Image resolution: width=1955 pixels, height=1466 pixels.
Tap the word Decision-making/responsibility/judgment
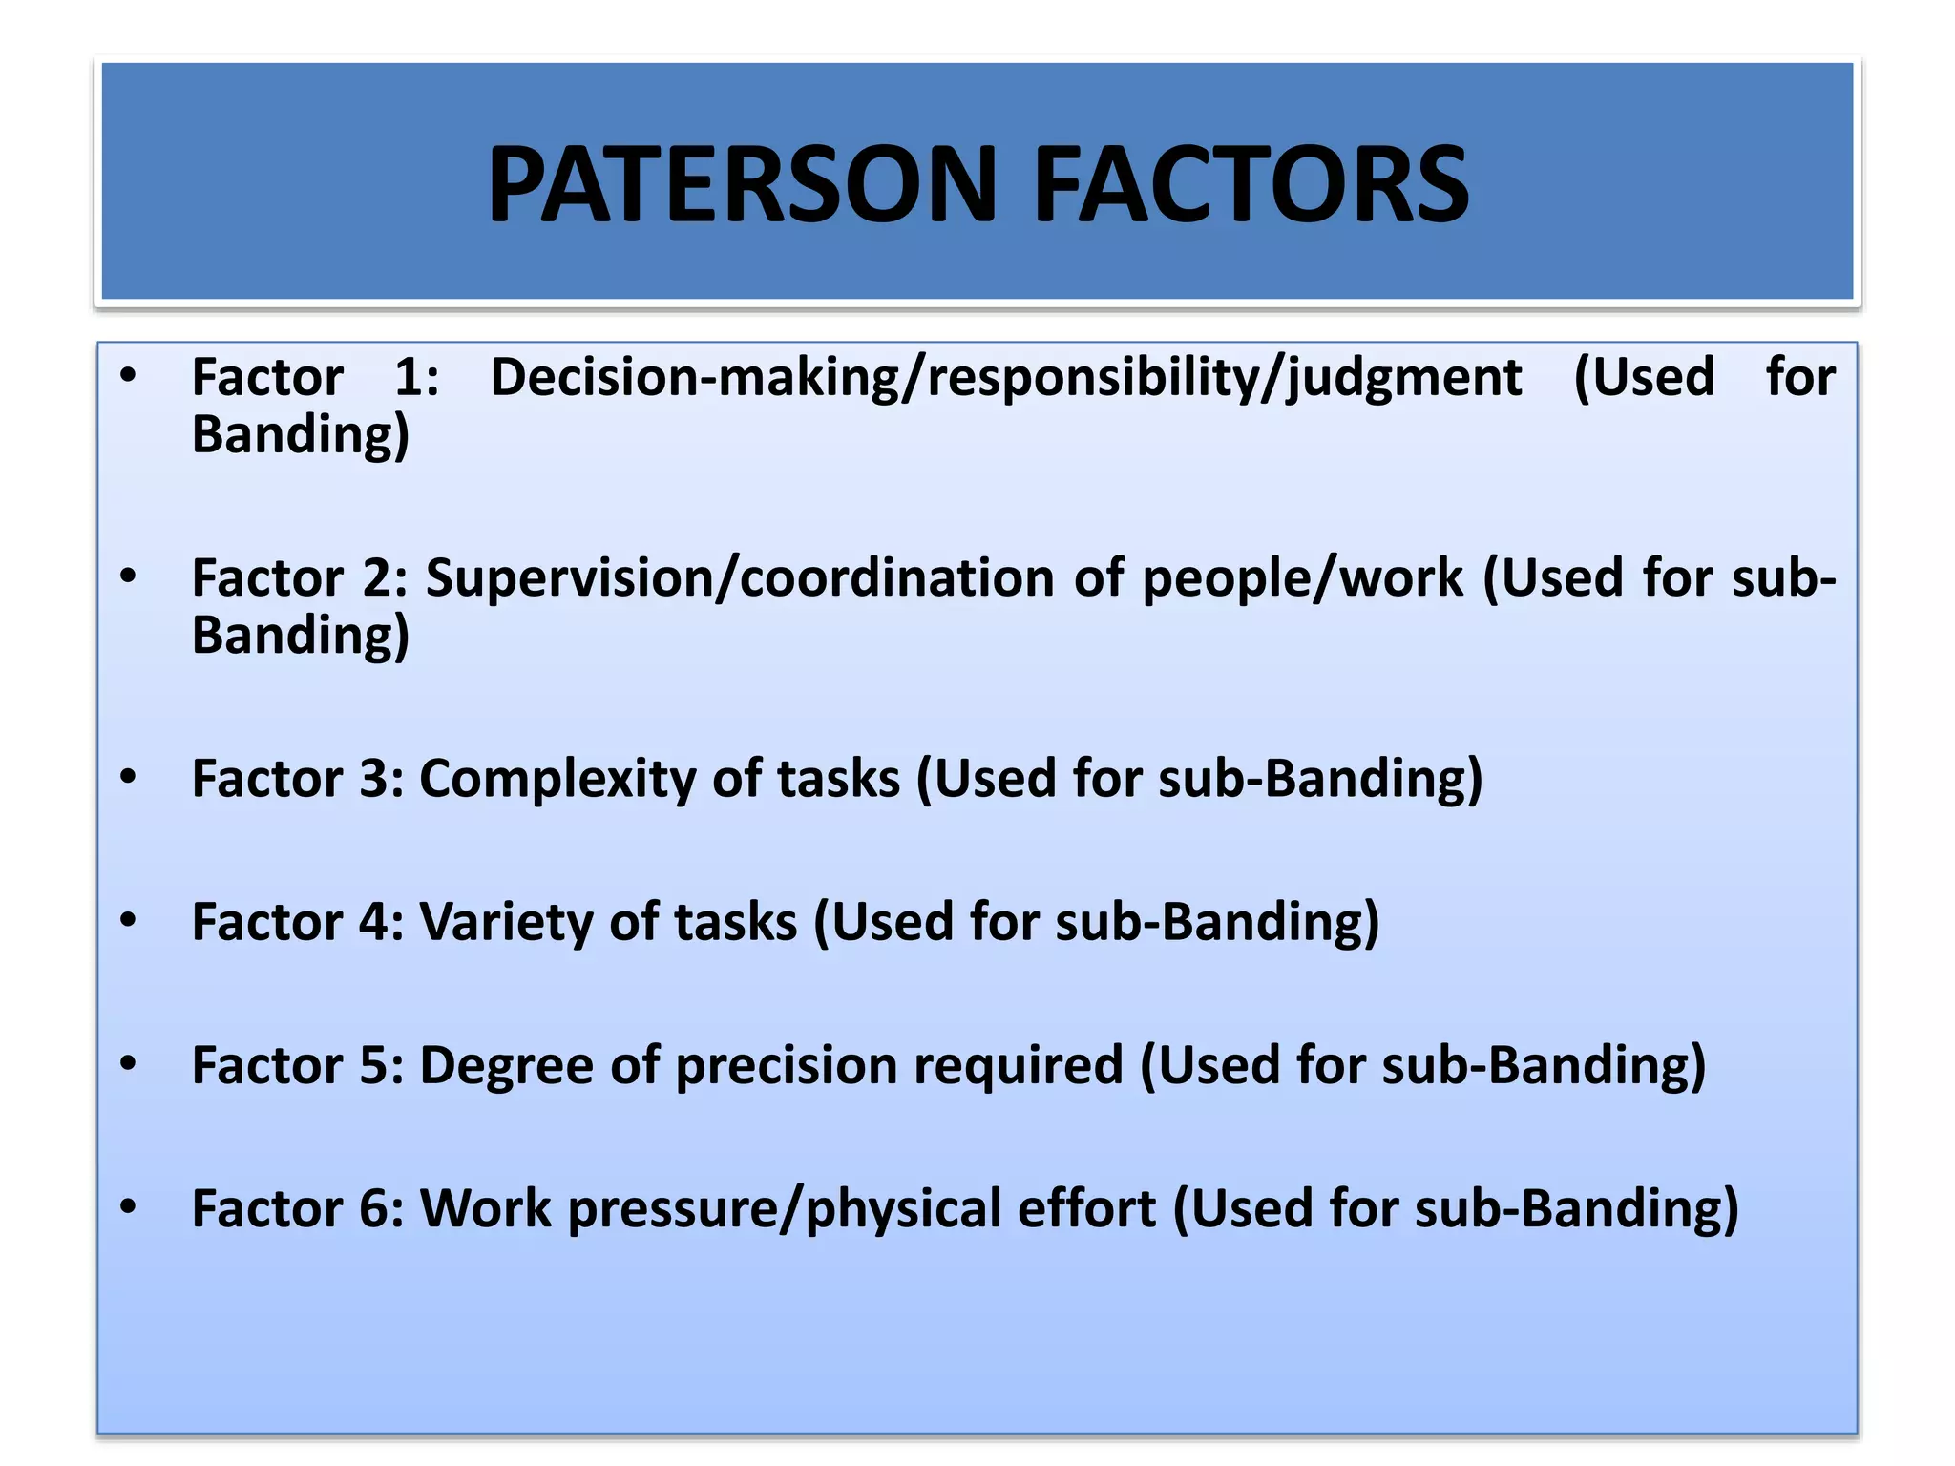coord(1005,378)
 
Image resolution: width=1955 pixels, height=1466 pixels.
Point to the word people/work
coord(1302,578)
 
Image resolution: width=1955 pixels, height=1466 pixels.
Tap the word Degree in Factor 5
coord(506,1066)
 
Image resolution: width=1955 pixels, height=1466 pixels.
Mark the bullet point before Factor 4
coord(129,920)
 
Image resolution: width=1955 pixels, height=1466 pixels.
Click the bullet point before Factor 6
coord(129,1207)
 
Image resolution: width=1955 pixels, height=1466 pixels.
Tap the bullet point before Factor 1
coord(129,376)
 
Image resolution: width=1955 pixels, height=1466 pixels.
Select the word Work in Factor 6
coord(485,1209)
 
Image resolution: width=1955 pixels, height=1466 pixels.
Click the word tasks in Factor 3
coord(838,780)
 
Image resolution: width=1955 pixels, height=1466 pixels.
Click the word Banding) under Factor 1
coord(301,435)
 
